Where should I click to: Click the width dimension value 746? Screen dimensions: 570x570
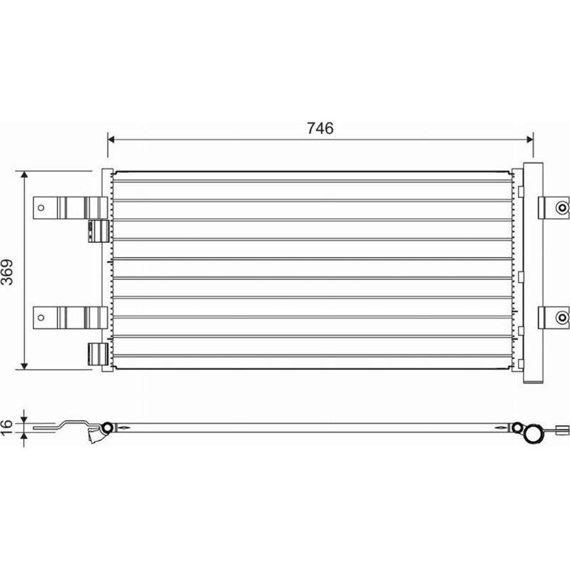coord(320,128)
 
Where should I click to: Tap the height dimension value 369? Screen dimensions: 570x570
coord(9,270)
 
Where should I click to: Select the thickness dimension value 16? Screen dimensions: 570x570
coord(9,427)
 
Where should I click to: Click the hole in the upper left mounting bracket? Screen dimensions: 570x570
coord(41,208)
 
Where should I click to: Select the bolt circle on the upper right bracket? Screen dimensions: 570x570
coord(562,208)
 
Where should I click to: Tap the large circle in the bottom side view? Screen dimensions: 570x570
coord(532,434)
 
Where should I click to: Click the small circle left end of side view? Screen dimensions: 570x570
coord(108,427)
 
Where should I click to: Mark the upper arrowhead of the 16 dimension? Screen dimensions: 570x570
coord(25,418)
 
